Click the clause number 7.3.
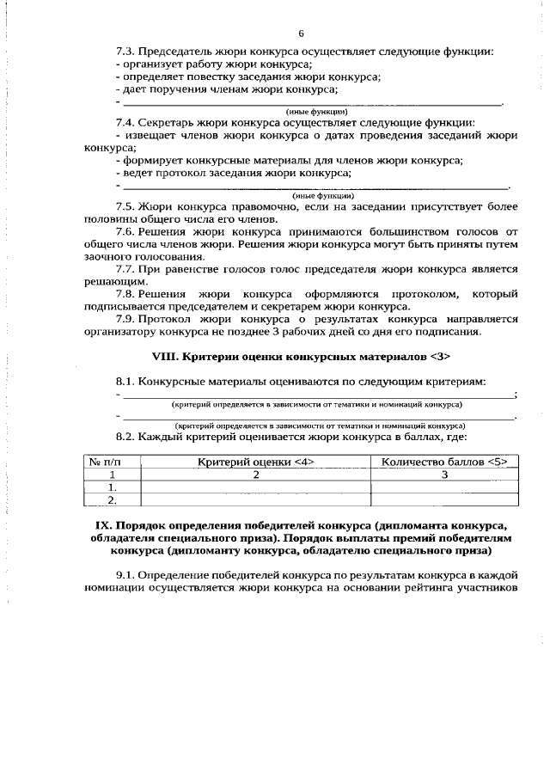coord(125,52)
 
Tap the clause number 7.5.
coord(125,207)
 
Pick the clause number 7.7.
coord(125,268)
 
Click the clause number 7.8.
coord(125,293)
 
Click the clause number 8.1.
coord(125,380)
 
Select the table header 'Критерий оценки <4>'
coord(255,462)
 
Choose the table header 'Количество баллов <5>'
coord(443,462)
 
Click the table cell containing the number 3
coord(443,474)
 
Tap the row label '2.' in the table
coord(111,499)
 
